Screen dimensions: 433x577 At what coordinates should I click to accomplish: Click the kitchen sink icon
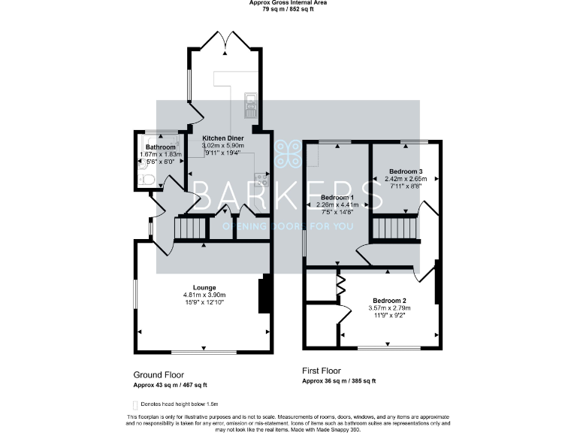tap(251, 105)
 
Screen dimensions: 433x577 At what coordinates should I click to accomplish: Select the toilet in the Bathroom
tap(147, 179)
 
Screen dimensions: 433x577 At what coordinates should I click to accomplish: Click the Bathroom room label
tap(160, 147)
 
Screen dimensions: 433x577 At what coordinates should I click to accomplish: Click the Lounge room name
tap(204, 287)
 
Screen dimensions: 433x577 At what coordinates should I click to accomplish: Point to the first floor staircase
tap(394, 228)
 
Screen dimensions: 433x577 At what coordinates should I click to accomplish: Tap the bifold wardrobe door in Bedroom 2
tap(340, 284)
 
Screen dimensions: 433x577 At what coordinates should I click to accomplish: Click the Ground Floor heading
tap(159, 374)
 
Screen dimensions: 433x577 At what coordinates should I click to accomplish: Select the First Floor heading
tap(322, 371)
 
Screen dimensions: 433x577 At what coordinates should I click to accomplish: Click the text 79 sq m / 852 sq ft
tap(288, 10)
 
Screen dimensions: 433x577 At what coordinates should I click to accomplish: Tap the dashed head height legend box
tap(136, 404)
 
